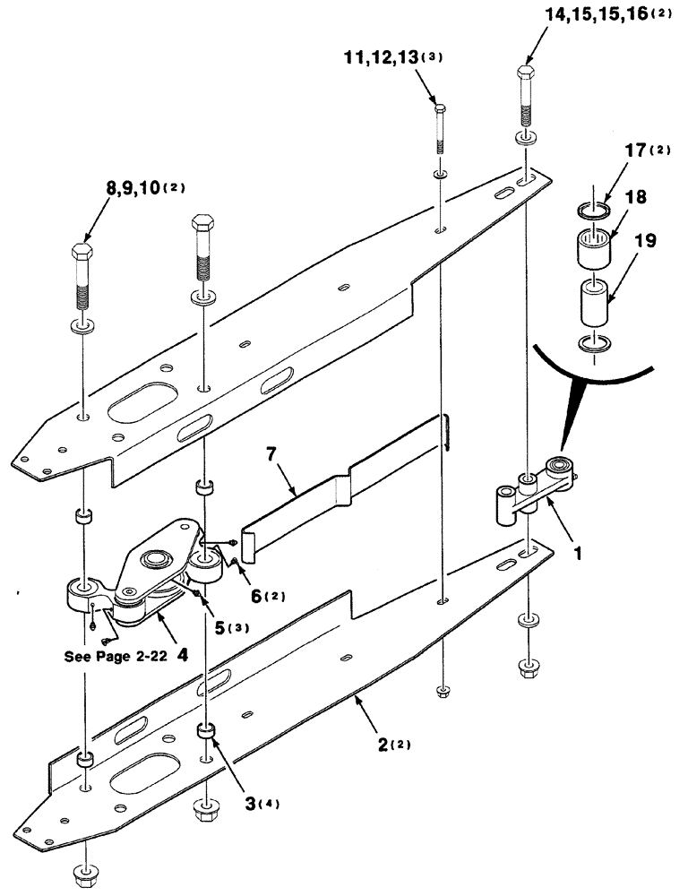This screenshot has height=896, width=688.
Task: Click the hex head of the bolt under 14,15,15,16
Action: click(x=527, y=73)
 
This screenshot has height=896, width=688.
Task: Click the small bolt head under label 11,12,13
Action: click(x=439, y=109)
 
